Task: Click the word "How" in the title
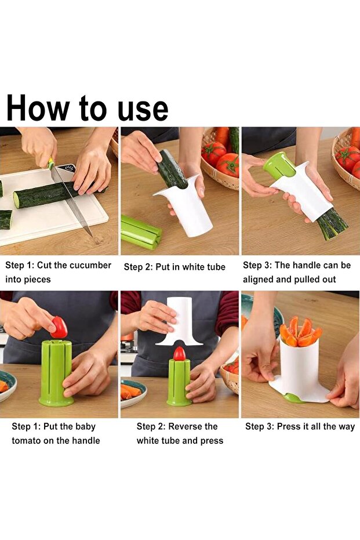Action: coord(38,107)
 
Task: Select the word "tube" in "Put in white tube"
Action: coord(215,267)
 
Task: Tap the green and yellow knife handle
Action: coord(50,163)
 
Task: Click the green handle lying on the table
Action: coord(140,231)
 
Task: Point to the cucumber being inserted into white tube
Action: coord(171,169)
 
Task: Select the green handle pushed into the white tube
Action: coord(279,165)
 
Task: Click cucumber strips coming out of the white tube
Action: coord(332,224)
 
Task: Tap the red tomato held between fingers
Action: coord(59,328)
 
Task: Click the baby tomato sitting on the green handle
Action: coord(179,354)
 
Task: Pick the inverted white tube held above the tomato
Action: coord(180,321)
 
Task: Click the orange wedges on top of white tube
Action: coord(300,331)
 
